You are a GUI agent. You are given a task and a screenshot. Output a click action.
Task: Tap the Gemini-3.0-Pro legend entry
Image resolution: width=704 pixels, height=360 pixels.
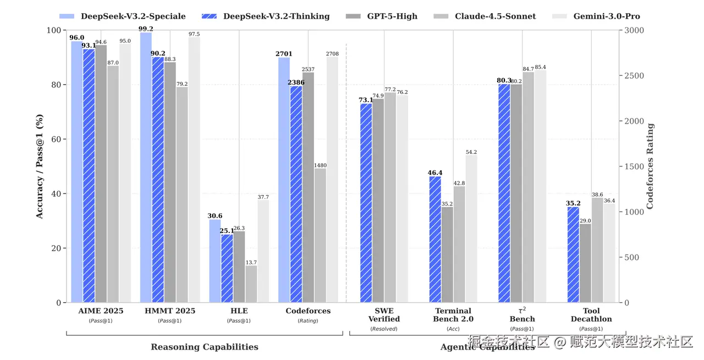coord(606,16)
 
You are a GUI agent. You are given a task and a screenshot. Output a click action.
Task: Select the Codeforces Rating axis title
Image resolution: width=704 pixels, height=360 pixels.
coord(651,166)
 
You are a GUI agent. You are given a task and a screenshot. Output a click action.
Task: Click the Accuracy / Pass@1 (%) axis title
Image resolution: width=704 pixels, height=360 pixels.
coord(40,166)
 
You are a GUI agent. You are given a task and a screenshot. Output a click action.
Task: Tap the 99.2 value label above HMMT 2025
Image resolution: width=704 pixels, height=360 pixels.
coord(146,29)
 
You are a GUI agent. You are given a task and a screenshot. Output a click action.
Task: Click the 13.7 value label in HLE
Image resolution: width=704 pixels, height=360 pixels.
coord(251,262)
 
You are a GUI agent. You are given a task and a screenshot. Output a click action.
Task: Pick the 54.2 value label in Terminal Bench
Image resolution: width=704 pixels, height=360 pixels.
coord(471,152)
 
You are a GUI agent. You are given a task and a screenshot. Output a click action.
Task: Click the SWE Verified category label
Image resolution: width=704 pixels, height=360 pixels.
coord(383,315)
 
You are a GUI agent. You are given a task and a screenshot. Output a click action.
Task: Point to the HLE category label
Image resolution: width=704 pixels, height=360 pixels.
coord(239,311)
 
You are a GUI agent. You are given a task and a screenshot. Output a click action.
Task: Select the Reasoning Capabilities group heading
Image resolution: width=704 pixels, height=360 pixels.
coord(205,347)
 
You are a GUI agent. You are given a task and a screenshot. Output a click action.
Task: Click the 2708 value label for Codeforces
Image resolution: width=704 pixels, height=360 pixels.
coord(332,54)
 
